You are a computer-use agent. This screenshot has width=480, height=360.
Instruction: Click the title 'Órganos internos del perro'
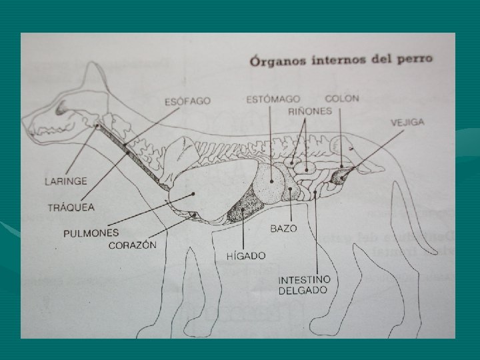[x=341, y=59]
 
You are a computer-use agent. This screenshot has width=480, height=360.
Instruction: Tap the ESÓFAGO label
[x=187, y=101]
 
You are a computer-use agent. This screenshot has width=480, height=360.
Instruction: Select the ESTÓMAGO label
[x=273, y=99]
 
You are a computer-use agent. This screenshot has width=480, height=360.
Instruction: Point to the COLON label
[x=342, y=98]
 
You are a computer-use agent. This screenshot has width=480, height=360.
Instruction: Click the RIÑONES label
[x=310, y=111]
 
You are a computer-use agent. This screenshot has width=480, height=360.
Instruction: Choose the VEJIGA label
[x=407, y=123]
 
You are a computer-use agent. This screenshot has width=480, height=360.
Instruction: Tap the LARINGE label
[x=65, y=181]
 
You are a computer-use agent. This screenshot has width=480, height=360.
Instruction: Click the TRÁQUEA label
[x=71, y=207]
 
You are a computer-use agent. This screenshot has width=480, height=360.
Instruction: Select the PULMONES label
[x=91, y=233]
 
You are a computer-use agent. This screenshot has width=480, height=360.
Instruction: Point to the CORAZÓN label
[x=133, y=245]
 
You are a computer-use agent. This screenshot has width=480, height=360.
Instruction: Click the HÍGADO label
[x=246, y=255]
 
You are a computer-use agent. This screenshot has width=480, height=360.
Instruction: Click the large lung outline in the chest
[x=200, y=193]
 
